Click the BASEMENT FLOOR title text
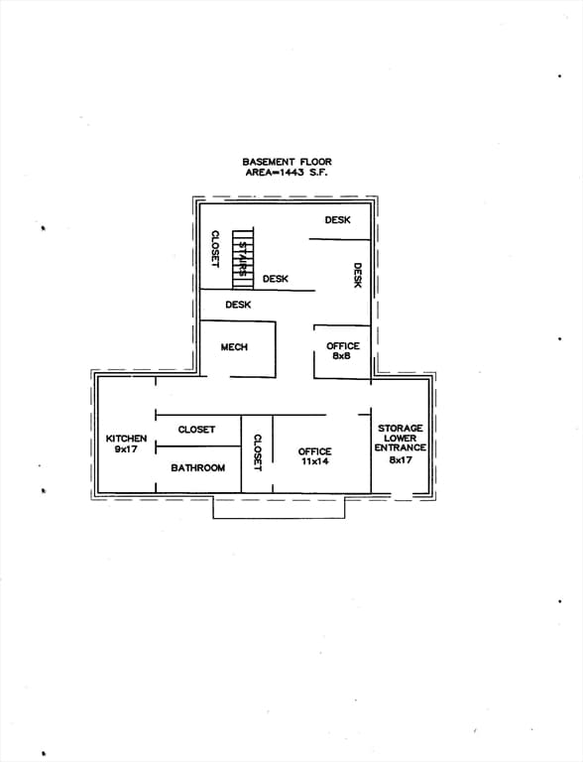pos(287,162)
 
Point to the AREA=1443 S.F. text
pos(287,173)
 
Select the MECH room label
pos(234,347)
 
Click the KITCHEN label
pos(126,439)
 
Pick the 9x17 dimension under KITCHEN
pos(126,449)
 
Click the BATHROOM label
pos(197,468)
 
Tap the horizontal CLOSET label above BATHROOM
pos(196,430)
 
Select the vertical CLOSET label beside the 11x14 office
pos(258,452)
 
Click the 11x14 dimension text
pos(315,461)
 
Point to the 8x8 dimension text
pos(342,356)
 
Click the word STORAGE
pos(401,429)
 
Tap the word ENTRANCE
pos(401,447)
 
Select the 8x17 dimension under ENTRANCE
pos(401,459)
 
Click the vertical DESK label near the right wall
pos(358,276)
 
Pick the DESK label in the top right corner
pos(338,220)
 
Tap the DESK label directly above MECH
pos(238,305)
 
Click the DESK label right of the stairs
pos(276,279)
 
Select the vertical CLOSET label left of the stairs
pos(215,249)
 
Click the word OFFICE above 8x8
pos(343,346)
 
